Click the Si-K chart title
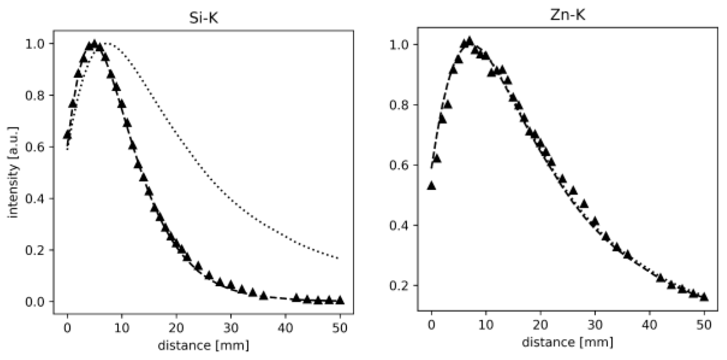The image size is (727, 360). (203, 18)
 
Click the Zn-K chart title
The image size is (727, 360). (567, 15)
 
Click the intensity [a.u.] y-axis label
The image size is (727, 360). (13, 172)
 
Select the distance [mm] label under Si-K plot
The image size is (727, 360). (203, 346)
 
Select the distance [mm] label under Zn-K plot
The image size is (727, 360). (567, 342)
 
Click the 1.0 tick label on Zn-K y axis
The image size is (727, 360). (399, 45)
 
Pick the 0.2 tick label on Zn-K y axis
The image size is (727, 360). (399, 286)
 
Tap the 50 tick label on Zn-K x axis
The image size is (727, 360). (704, 325)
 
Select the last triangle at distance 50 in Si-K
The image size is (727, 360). (340, 300)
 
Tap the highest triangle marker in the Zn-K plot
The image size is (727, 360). (469, 40)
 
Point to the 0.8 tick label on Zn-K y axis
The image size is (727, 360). (399, 105)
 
